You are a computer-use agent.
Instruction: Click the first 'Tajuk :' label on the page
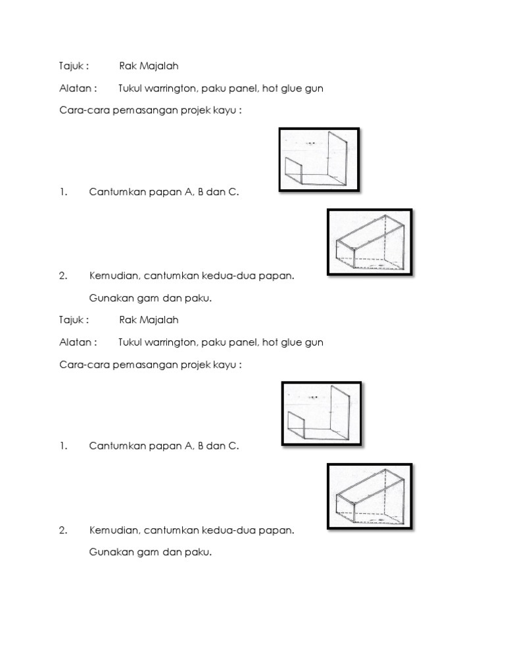tap(74, 66)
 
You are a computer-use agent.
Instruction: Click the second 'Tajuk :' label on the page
tap(74, 320)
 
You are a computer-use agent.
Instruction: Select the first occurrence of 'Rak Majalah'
tap(149, 66)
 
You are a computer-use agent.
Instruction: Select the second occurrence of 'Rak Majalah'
tap(149, 320)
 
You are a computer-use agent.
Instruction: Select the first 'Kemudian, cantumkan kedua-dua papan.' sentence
tap(191, 276)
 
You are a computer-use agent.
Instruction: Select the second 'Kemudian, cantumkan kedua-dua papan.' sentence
tap(191, 530)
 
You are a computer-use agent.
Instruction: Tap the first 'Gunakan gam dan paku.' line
tap(151, 298)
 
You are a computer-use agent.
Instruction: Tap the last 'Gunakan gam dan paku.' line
tap(151, 552)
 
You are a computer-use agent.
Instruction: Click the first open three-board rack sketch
tap(320, 160)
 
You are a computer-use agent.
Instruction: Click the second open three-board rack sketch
tap(321, 414)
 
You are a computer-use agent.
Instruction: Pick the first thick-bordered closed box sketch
tap(370, 242)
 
